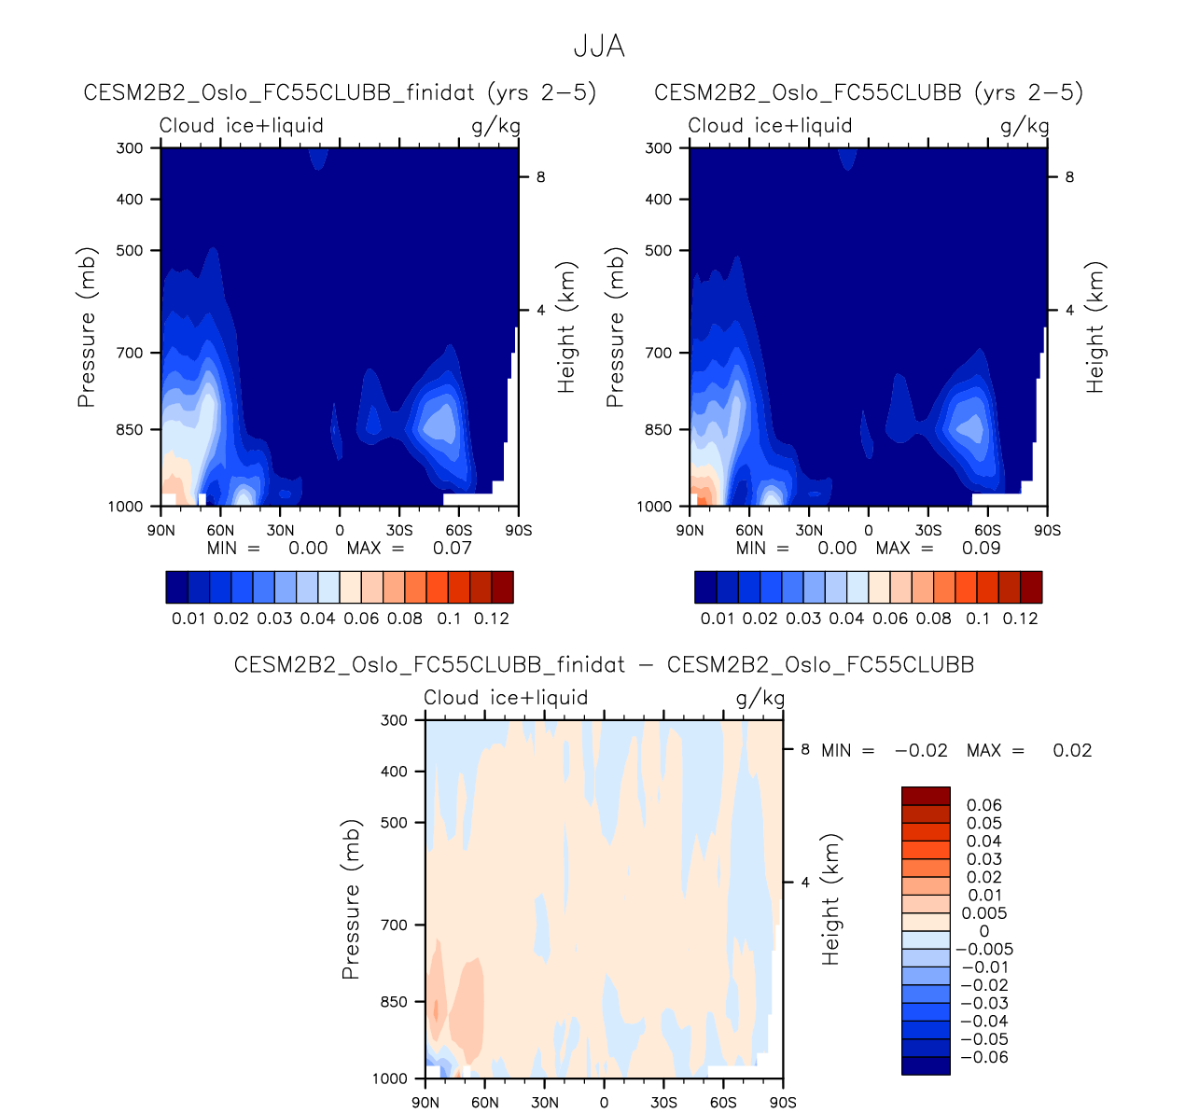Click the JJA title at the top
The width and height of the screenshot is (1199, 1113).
coord(599,46)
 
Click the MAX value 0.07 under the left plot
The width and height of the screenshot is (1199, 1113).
coord(453,548)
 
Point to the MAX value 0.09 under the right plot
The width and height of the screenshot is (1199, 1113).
coord(981,548)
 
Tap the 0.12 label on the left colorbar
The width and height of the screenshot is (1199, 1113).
coord(492,619)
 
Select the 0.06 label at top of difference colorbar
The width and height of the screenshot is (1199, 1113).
coord(984,805)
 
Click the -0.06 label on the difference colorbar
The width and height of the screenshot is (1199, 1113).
coord(984,1057)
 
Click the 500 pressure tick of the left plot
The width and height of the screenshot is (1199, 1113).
coord(131,250)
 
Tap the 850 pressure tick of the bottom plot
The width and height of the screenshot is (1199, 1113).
coord(395,1002)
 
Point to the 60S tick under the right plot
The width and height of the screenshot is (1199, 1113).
coord(988,530)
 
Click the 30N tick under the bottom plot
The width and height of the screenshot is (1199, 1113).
coord(545,1103)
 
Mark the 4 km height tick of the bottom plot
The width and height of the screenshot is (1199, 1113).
coord(805,883)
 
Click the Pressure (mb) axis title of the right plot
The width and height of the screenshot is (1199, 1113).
coord(615,327)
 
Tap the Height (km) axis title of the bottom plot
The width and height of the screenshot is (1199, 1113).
coord(831,898)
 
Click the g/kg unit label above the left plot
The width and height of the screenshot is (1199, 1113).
coord(495,126)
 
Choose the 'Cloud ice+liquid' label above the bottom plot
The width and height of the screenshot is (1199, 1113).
coord(506,698)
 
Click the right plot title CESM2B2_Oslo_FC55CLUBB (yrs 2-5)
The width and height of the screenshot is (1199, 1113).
coord(869,92)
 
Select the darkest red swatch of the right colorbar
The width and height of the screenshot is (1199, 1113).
coord(1031,588)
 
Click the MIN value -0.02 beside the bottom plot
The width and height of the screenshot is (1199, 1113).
coord(921,750)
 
